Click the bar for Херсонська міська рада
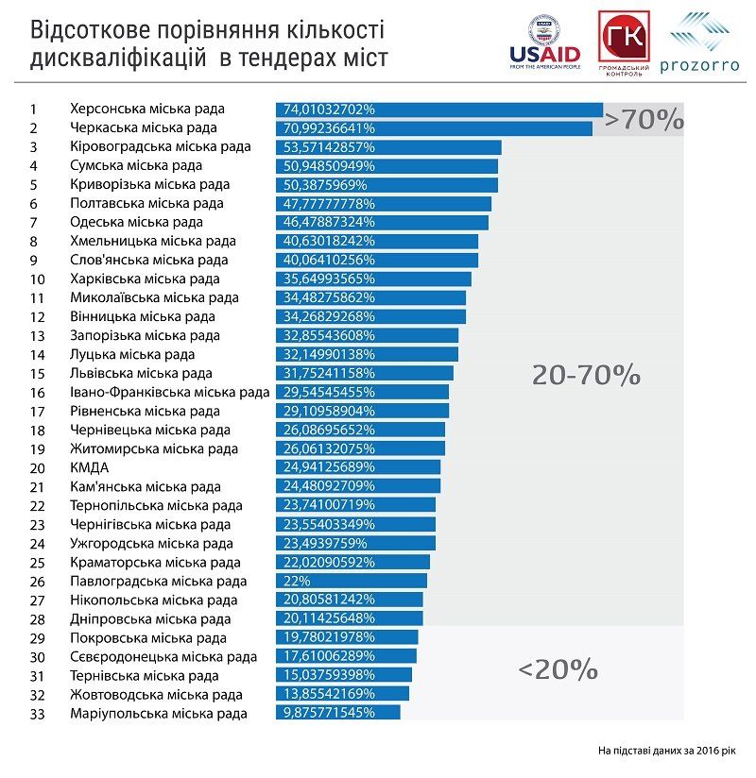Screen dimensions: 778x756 point(438,109)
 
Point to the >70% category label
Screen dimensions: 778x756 point(644,120)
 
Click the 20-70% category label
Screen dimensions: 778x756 point(586,375)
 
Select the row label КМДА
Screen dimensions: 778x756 point(89,467)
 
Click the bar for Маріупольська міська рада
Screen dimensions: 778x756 point(337,713)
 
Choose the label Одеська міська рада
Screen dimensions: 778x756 point(136,222)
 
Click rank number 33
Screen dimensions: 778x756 point(38,713)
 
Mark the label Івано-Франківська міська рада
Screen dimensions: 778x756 point(169,392)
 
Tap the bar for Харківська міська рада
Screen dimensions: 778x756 point(373,279)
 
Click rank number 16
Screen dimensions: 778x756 point(38,392)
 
